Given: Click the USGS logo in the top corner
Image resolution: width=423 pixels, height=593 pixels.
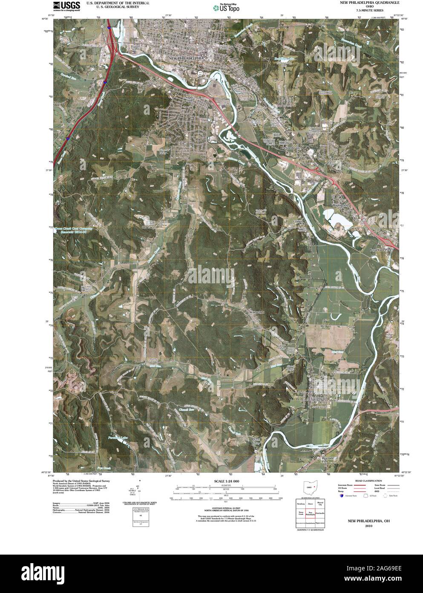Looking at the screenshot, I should pyautogui.click(x=66, y=6).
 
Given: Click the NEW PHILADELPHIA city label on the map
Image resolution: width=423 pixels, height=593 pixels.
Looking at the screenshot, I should pyautogui.click(x=187, y=58).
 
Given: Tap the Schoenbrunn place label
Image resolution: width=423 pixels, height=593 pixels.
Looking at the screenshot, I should pyautogui.click(x=291, y=148).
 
